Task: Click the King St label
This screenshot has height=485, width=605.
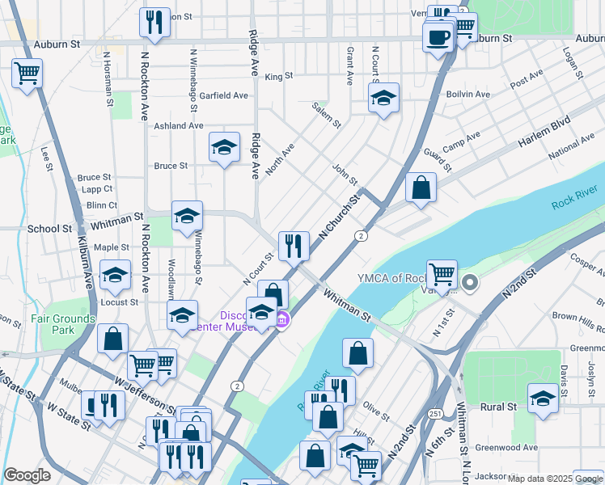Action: pyautogui.click(x=278, y=76)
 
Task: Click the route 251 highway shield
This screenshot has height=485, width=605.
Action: pyautogui.click(x=435, y=413)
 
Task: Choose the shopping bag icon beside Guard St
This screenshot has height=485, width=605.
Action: pyautogui.click(x=421, y=188)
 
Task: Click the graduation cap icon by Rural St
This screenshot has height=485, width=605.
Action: pyautogui.click(x=543, y=399)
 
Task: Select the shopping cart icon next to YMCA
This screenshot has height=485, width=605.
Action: pyautogui.click(x=442, y=276)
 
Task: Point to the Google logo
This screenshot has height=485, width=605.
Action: pyautogui.click(x=27, y=475)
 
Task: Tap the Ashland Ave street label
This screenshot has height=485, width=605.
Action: pyautogui.click(x=179, y=126)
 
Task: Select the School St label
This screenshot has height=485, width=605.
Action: pyautogui.click(x=49, y=229)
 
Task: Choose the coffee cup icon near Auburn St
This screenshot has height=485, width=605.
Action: pyautogui.click(x=438, y=36)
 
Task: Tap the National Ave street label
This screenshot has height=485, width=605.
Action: pyautogui.click(x=571, y=148)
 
